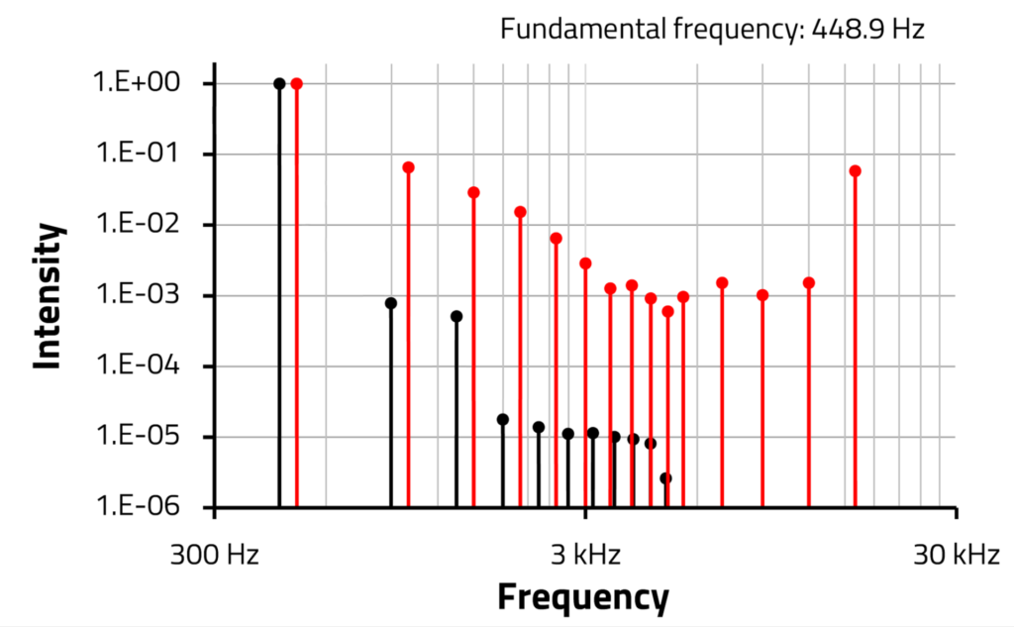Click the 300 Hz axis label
click(x=215, y=555)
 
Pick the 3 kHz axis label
click(x=585, y=555)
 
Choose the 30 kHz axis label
click(x=956, y=555)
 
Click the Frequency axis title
click(x=582, y=597)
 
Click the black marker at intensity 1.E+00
click(x=279, y=83)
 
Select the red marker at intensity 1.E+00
click(x=296, y=83)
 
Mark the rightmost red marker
click(x=856, y=170)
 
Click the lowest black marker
click(x=665, y=477)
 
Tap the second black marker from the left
click(x=391, y=303)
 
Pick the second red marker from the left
click(x=408, y=167)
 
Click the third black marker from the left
click(x=456, y=316)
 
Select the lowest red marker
click(x=667, y=311)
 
